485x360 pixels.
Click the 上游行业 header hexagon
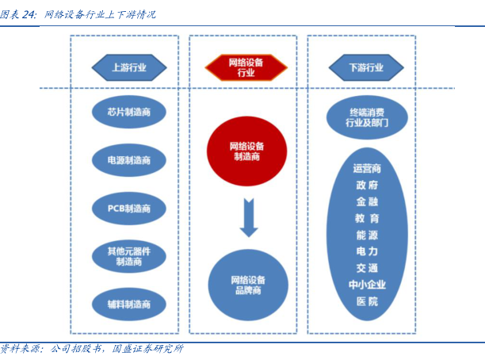(129, 67)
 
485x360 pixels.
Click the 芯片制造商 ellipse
(129, 113)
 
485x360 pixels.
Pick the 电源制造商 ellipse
(129, 159)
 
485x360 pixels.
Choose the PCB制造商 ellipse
(129, 208)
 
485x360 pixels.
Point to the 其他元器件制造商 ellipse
(129, 256)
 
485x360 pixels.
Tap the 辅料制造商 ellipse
(129, 303)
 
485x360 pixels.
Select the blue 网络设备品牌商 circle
(247, 285)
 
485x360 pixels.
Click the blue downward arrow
(249, 218)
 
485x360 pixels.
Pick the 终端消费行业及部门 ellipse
(367, 118)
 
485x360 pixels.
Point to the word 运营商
(367, 168)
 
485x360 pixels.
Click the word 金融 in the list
(367, 201)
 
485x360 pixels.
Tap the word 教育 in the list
(367, 218)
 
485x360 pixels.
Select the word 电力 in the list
(367, 251)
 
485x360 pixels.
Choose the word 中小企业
(367, 285)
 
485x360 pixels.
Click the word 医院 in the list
(367, 301)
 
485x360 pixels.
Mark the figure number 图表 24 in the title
(19, 14)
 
